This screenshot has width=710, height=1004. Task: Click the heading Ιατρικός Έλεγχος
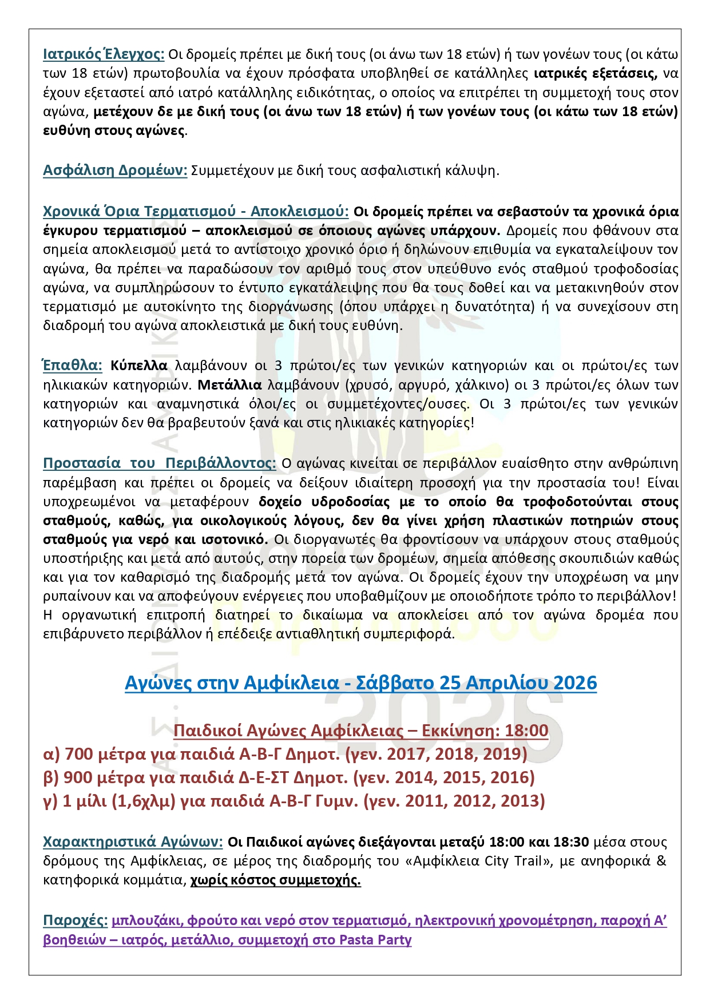(104, 54)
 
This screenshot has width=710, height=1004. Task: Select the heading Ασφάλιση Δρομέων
(115, 170)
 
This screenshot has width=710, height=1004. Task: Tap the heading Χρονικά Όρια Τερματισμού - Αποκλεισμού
(196, 212)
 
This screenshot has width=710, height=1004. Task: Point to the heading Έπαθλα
(73, 366)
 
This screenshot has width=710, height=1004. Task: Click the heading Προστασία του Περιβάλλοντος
(160, 463)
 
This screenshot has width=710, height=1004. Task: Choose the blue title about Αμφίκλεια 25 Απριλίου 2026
(360, 683)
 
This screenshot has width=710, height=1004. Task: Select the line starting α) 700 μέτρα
(285, 755)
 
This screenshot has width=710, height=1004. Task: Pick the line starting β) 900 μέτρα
(289, 778)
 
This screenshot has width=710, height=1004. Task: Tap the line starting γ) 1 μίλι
(294, 801)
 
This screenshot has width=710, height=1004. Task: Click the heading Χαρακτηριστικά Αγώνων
(133, 842)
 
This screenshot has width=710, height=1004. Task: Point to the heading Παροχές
(75, 920)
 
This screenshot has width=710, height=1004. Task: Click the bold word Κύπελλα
(139, 366)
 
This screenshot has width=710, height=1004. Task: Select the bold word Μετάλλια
(229, 384)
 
